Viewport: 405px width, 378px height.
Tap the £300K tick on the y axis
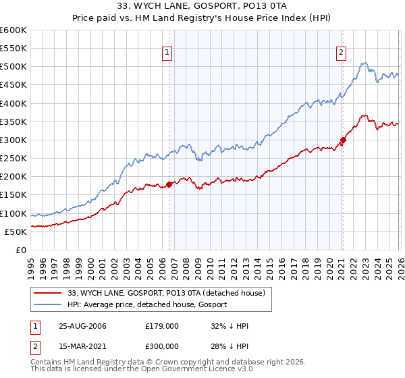tap(13, 140)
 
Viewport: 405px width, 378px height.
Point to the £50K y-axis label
tap(16, 232)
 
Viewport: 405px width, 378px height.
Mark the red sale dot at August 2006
tap(169, 184)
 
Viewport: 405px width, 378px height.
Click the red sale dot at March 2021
tap(343, 140)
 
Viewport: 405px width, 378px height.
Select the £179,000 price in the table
tap(161, 325)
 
